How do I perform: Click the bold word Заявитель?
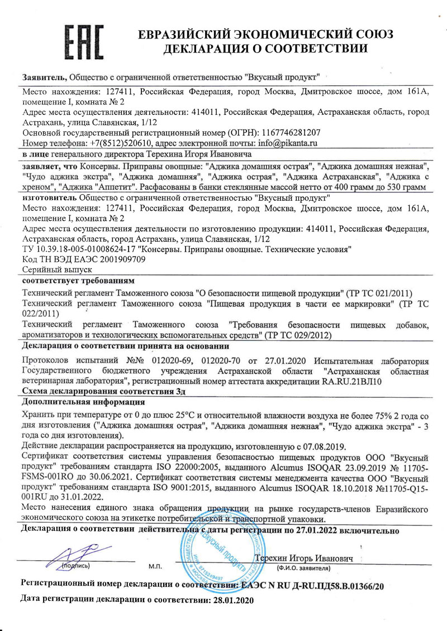click(x=44, y=76)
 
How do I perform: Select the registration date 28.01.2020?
click(x=230, y=600)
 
